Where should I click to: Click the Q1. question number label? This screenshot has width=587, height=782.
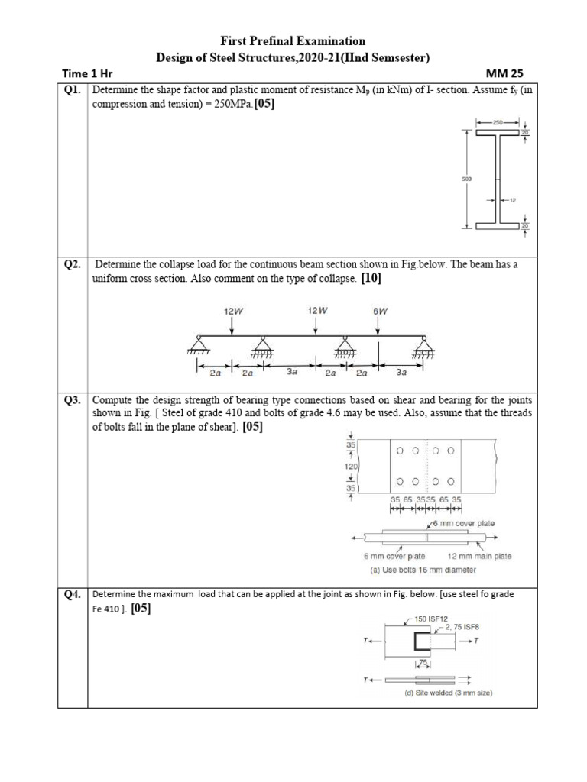pos(72,90)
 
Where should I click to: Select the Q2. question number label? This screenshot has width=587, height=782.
pos(72,264)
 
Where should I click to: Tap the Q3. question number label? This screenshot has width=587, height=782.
pos(72,400)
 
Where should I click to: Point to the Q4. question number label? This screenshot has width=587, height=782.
pos(72,594)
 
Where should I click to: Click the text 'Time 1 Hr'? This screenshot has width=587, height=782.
pos(87,74)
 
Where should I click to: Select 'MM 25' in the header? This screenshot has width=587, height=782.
pos(501,74)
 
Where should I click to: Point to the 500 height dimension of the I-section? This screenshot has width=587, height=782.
pos(467,179)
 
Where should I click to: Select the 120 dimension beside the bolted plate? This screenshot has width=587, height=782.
pos(353,466)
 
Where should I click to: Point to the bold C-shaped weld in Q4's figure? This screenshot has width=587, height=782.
pos(419,645)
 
